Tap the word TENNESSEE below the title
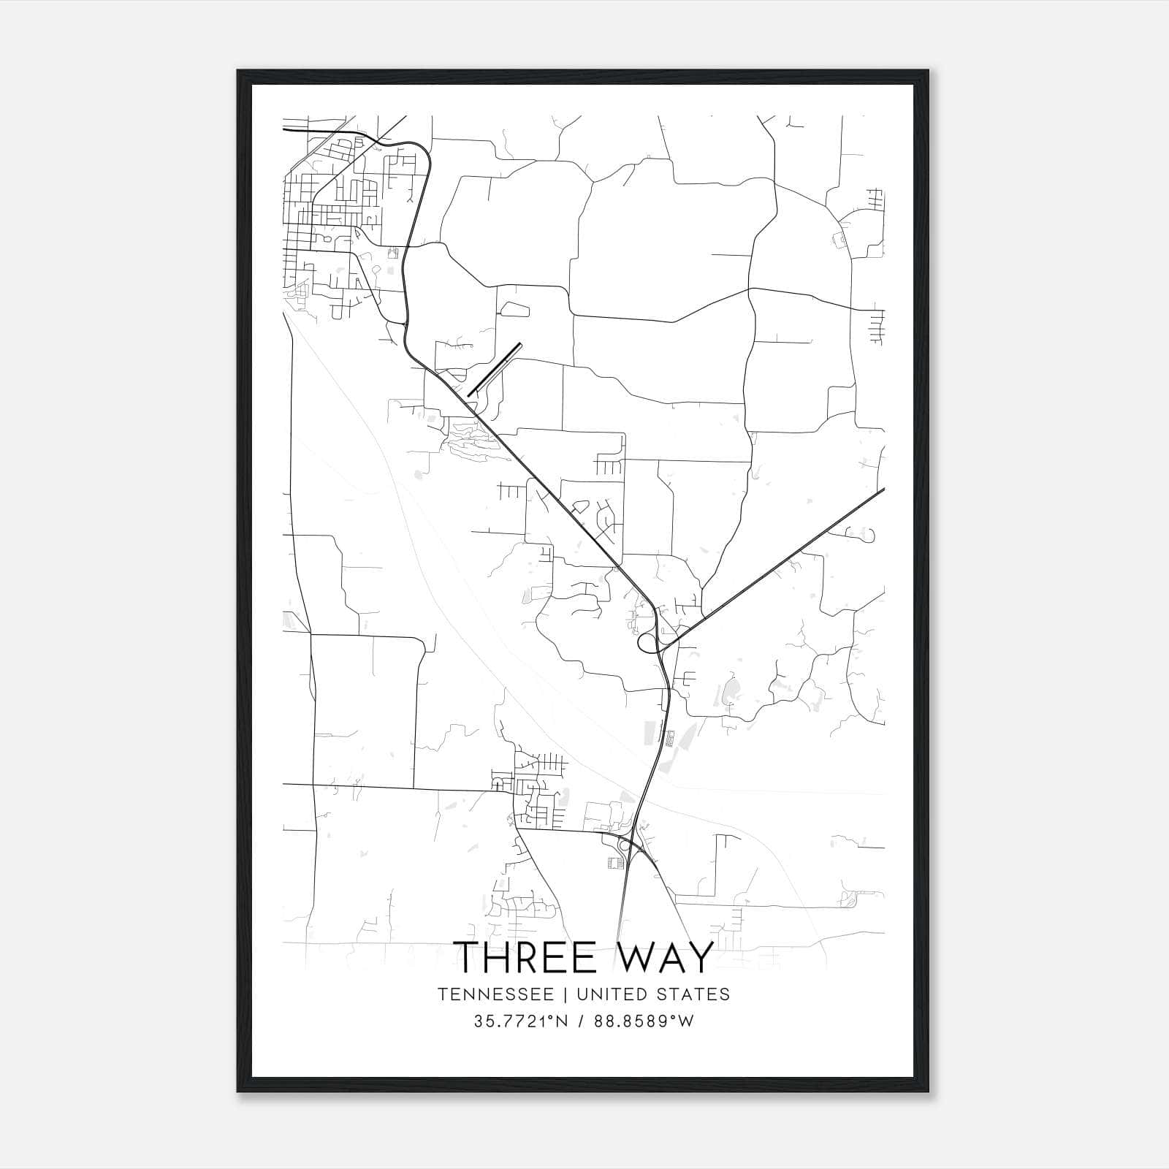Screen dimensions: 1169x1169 490,994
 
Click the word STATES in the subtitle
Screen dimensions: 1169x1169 693,994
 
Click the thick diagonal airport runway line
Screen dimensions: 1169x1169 494,370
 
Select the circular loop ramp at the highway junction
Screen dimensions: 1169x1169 647,643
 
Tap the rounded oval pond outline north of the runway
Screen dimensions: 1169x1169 514,309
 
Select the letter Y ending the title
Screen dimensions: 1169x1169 700,958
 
